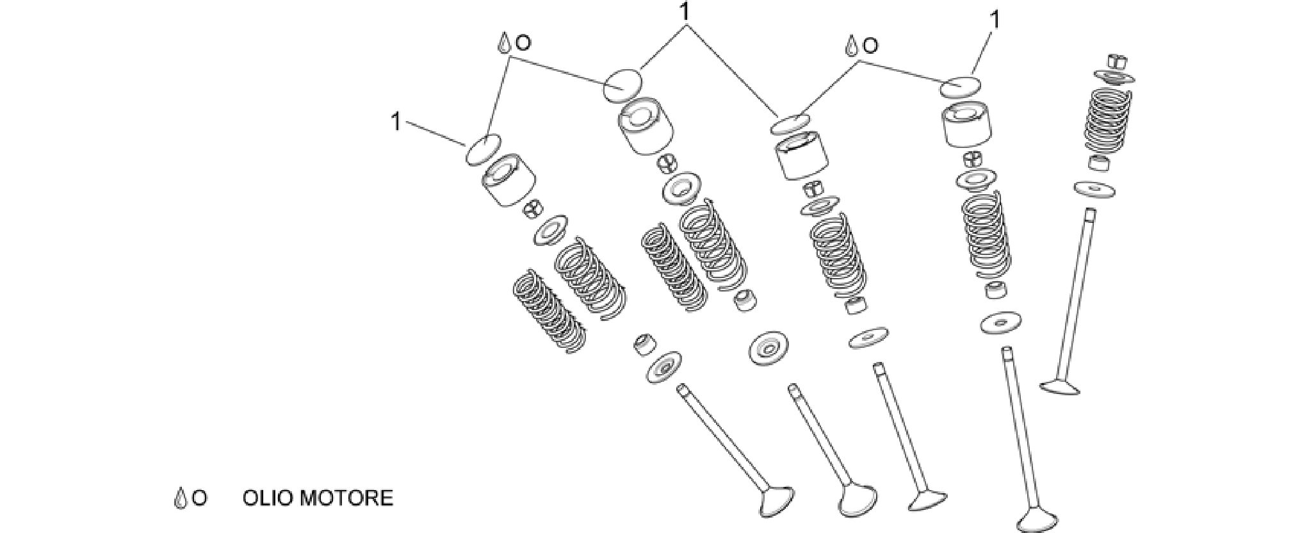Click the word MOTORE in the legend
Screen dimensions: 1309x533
(346, 498)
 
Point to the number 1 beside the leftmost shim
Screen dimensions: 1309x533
(396, 121)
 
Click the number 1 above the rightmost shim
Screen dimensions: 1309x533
(995, 20)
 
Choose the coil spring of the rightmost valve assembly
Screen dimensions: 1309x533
(1107, 123)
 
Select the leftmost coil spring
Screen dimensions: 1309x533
(550, 311)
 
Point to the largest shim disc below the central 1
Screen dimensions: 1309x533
(624, 85)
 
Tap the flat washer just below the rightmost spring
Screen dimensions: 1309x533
(1095, 189)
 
